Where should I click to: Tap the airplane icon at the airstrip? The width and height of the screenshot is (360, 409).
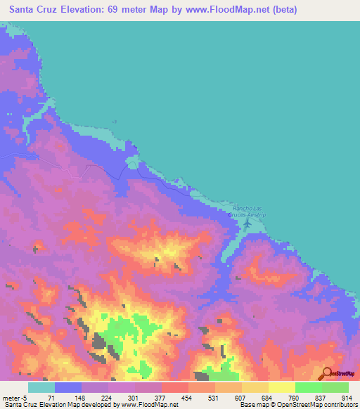click(x=247, y=224)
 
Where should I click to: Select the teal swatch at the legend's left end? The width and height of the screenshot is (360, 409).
click(x=41, y=388)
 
